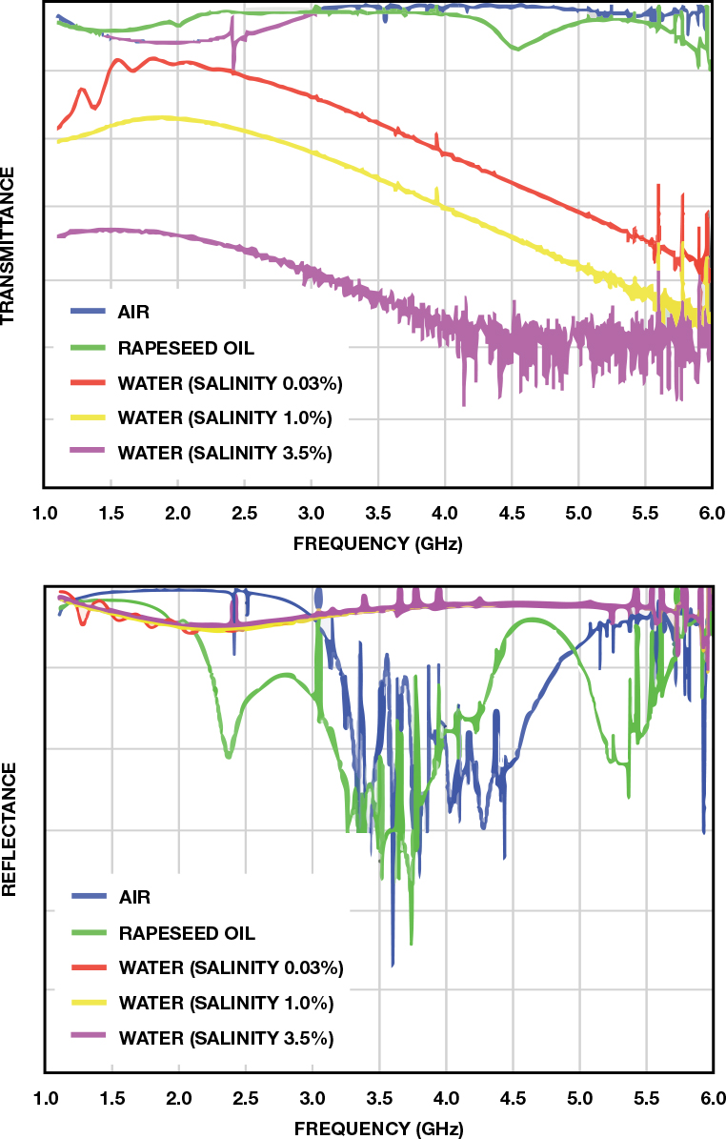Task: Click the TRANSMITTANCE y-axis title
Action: [9, 246]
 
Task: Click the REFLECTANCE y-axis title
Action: [9, 828]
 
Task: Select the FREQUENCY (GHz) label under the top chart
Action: [378, 546]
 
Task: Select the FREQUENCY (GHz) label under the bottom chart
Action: [378, 1129]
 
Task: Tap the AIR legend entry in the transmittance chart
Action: [133, 312]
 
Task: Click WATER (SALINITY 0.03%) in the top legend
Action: [230, 383]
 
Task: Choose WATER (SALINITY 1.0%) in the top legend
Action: [224, 418]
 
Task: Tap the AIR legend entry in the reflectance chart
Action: [134, 896]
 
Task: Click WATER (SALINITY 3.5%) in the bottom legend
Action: [225, 1037]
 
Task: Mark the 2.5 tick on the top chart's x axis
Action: [246, 515]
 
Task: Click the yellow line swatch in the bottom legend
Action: [89, 1002]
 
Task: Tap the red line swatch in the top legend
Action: [88, 383]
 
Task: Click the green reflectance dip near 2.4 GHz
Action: [228, 755]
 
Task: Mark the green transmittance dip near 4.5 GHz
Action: [515, 49]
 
